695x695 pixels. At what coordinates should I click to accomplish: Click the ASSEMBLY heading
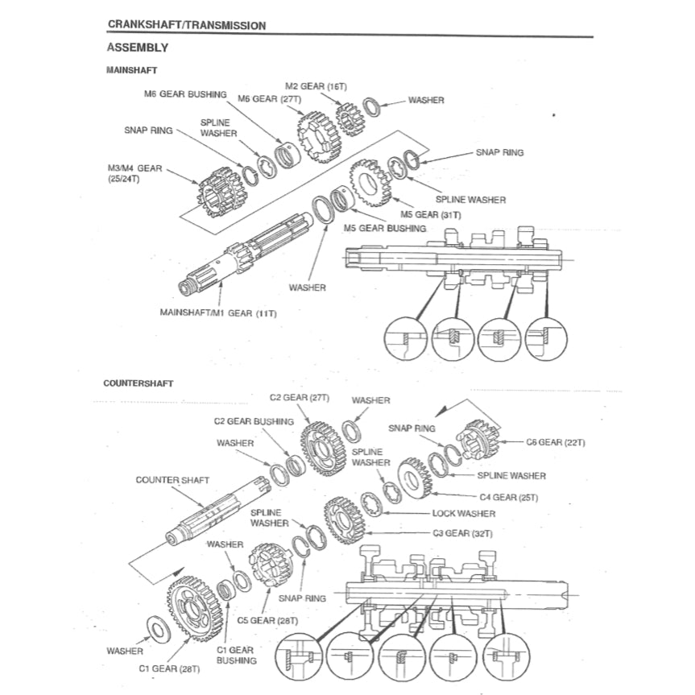click(x=137, y=48)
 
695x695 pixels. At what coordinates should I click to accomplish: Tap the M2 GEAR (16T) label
click(x=316, y=85)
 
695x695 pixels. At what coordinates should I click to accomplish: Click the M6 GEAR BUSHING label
click(x=185, y=94)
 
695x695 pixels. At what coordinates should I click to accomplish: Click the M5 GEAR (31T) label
click(x=431, y=215)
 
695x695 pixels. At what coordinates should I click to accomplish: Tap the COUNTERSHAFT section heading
click(x=138, y=383)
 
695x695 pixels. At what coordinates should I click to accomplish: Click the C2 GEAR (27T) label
click(x=300, y=397)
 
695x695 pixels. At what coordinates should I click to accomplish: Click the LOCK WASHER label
click(x=463, y=513)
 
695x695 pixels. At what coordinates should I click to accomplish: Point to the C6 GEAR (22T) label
click(x=555, y=442)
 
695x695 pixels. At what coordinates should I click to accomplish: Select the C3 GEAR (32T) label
click(x=462, y=533)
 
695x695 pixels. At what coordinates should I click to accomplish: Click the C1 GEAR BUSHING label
click(x=236, y=655)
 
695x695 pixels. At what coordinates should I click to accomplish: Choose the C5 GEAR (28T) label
click(x=267, y=621)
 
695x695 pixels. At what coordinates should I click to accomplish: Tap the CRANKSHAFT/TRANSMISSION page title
click(x=186, y=25)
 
